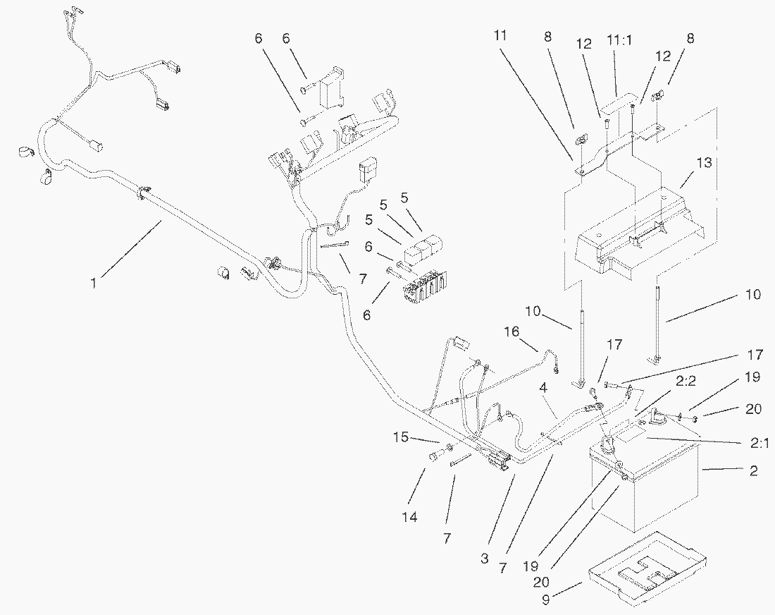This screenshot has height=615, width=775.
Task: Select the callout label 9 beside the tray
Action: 546,599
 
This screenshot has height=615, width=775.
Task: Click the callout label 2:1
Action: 759,444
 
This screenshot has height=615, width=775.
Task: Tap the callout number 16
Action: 512,331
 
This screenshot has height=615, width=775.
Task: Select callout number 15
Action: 401,437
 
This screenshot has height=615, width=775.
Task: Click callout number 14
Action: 410,517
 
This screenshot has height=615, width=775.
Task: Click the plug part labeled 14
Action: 435,456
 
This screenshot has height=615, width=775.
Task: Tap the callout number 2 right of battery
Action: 753,470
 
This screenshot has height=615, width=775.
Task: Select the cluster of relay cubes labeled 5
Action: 423,250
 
